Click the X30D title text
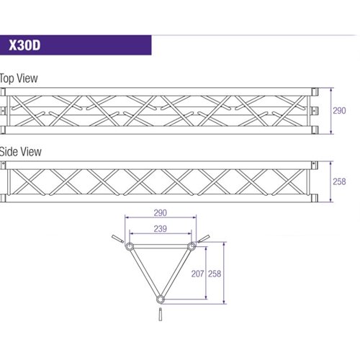coord(24,45)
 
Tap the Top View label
coord(19,78)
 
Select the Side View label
coord(20,152)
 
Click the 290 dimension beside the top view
coord(339,111)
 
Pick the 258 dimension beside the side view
coord(339,181)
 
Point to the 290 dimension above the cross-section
coord(161,213)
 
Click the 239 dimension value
coord(161,229)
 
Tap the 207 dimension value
coord(197,274)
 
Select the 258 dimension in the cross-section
coord(215,274)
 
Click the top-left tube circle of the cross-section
coord(130,246)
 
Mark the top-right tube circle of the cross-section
coord(192,246)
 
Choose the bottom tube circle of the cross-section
coord(161,300)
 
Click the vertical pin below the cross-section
coord(161,315)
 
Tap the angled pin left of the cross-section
coord(117,239)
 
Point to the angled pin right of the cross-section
coord(204,238)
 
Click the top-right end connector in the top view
coord(315,91)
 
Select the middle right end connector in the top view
coord(315,111)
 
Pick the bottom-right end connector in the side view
coord(315,198)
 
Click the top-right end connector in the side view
coord(315,165)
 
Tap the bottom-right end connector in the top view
coord(315,130)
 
